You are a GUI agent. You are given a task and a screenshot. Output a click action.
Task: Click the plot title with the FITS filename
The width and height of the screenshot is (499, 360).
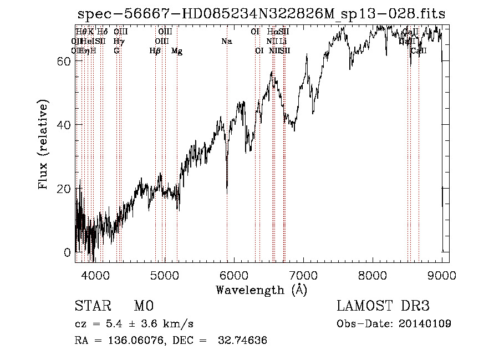click(262, 13)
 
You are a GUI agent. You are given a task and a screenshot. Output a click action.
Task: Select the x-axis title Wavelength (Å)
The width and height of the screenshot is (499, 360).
click(262, 290)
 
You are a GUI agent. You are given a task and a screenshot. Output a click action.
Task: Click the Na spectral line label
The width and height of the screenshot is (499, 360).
click(226, 41)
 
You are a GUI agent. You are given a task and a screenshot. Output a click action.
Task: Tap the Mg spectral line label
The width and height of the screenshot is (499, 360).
click(177, 51)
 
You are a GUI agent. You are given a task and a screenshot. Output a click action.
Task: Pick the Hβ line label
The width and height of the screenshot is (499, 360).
click(155, 51)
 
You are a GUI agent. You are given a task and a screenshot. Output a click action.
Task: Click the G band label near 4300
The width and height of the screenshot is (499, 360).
click(116, 50)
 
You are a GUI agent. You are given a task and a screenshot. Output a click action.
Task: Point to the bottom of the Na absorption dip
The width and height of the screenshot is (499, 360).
click(227, 192)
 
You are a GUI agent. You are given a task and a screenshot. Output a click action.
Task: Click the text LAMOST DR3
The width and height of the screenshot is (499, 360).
click(383, 306)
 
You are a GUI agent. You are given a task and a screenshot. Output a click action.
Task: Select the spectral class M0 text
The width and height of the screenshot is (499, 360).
click(144, 306)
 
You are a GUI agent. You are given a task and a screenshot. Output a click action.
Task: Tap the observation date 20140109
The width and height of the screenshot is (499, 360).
click(427, 323)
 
